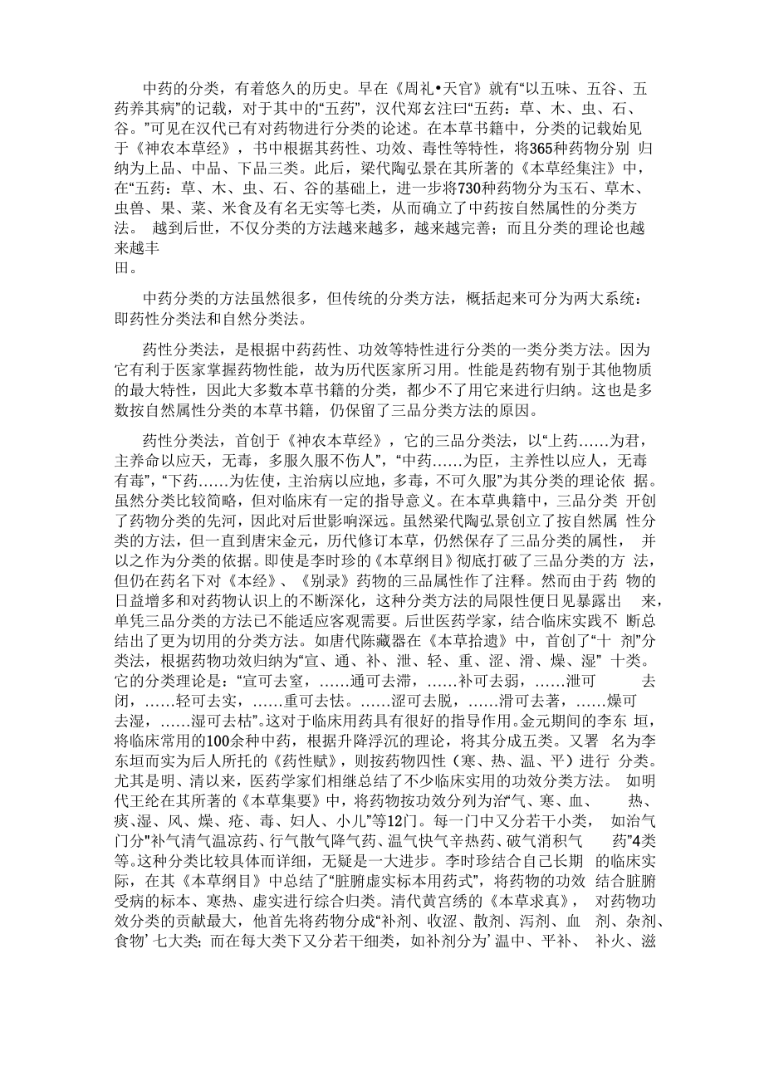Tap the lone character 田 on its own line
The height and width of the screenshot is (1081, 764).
[x=121, y=267]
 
